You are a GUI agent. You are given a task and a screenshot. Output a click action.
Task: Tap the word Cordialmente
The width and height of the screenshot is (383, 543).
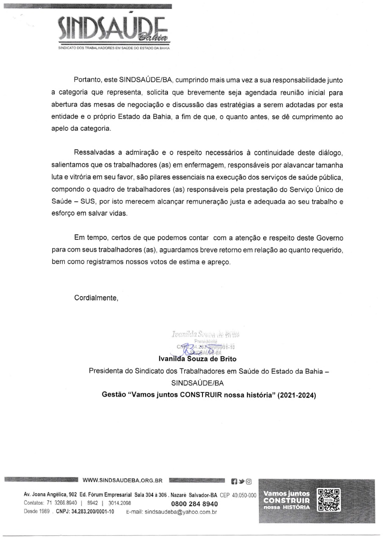(96, 298)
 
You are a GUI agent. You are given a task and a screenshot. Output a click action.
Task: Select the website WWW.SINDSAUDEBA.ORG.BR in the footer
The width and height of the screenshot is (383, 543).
(123, 481)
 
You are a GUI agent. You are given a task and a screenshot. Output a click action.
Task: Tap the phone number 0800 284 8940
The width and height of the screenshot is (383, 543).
(194, 504)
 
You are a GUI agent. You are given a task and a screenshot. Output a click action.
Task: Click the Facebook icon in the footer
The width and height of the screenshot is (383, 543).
(233, 481)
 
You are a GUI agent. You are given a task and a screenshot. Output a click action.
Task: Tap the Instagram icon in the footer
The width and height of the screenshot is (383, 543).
(249, 481)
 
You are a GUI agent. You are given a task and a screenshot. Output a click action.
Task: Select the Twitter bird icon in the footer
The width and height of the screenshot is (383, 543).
(241, 481)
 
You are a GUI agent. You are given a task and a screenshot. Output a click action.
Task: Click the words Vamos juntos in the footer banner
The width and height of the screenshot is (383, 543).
(286, 493)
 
